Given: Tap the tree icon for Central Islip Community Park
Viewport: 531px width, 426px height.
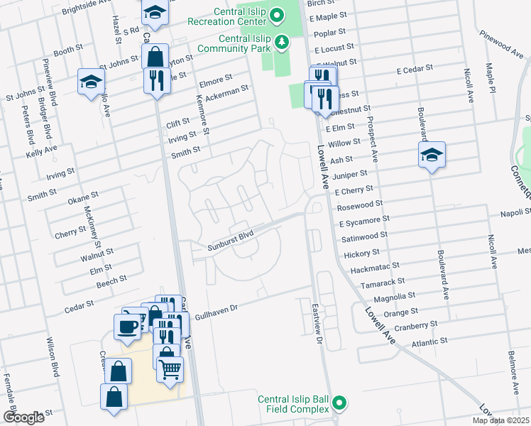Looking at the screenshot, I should click(283, 43).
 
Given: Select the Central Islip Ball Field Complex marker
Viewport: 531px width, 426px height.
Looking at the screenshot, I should click(340, 403).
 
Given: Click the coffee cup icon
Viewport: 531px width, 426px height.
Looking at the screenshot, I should click(127, 327).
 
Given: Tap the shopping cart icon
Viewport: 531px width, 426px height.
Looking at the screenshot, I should click(170, 369).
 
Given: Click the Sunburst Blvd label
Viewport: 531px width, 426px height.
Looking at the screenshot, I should click(231, 247).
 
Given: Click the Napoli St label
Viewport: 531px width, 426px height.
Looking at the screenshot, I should click(516, 212).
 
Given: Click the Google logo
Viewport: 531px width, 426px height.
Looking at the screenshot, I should click(23, 417).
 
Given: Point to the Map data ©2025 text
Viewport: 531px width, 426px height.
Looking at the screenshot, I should click(500, 420).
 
